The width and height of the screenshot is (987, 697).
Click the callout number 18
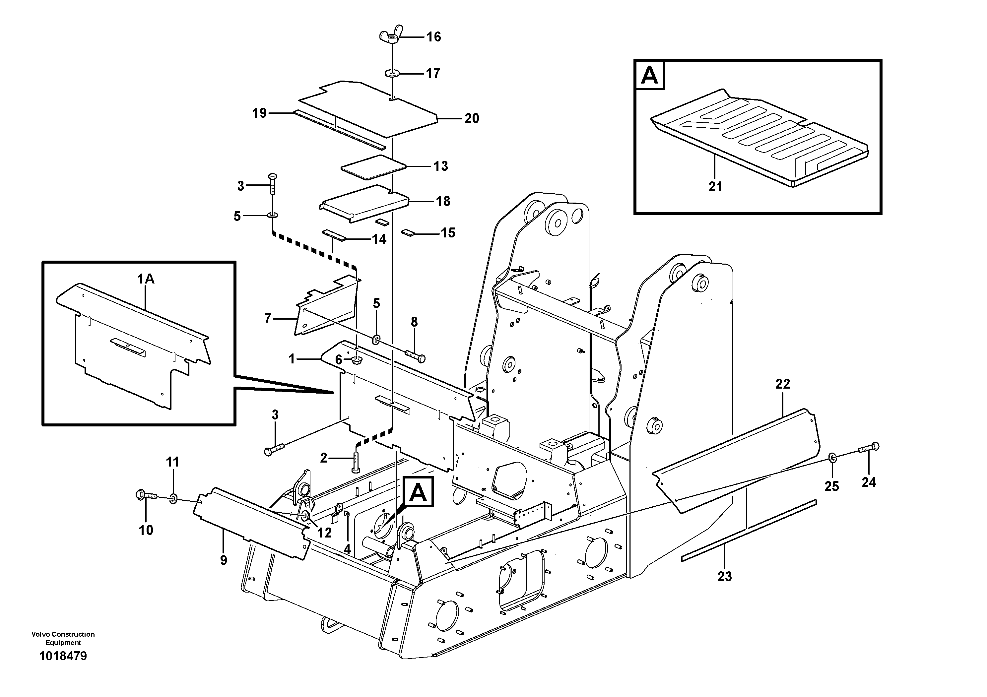[443, 201]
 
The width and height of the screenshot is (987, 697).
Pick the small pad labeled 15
[408, 233]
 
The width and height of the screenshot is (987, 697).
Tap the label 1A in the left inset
[146, 279]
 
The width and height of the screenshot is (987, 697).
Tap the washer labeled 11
[173, 499]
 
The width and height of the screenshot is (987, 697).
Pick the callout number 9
[224, 560]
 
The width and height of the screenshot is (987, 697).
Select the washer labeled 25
[832, 459]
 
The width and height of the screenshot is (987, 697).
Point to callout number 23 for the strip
[724, 576]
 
